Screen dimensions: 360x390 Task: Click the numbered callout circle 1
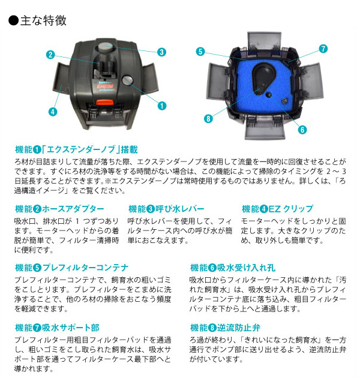point(162,106)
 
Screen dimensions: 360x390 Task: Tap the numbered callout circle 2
point(50,55)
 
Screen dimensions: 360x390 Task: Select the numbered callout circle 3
point(162,52)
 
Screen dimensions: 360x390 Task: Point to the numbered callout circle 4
point(52,112)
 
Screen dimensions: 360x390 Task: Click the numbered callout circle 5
point(200,52)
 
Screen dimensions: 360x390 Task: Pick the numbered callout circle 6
point(302,130)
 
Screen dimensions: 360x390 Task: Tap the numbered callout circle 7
point(323,49)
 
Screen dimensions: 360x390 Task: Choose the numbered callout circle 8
point(208,118)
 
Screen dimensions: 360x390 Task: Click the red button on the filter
point(105,102)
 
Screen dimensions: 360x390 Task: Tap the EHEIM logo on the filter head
point(105,86)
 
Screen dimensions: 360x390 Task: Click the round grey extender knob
point(128,80)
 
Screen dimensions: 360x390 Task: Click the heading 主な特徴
point(38,20)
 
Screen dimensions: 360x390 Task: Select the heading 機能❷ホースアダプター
point(60,209)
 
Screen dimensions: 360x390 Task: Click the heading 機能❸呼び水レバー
point(166,209)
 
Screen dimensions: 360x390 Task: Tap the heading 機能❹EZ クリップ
point(278,209)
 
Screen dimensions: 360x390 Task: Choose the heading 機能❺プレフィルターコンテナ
point(72,268)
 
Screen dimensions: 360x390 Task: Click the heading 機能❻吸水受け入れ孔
point(233,268)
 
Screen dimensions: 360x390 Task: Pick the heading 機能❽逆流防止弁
point(226,328)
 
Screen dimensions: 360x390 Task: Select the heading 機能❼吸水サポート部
point(57,328)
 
